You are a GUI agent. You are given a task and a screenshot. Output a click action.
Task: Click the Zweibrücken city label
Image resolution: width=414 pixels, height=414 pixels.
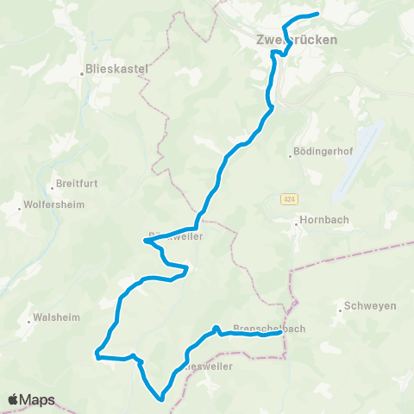click(x=296, y=40)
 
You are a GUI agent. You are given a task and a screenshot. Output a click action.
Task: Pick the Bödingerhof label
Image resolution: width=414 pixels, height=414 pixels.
click(x=325, y=156)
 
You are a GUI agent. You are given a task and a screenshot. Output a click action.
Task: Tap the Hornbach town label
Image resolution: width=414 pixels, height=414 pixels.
click(x=325, y=220)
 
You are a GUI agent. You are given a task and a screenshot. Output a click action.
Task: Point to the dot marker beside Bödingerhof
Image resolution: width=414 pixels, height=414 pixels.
click(x=291, y=156)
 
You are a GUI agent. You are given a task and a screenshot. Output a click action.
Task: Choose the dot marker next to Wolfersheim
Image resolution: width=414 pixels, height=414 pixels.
click(x=19, y=208)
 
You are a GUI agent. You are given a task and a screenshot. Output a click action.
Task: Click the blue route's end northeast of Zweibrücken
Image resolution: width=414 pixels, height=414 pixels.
click(x=317, y=14)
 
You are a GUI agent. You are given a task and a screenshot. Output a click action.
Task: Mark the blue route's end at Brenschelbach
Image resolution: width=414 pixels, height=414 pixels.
click(x=281, y=335)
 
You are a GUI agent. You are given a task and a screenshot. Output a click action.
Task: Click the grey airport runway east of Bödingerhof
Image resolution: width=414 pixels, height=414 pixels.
click(x=357, y=155)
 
